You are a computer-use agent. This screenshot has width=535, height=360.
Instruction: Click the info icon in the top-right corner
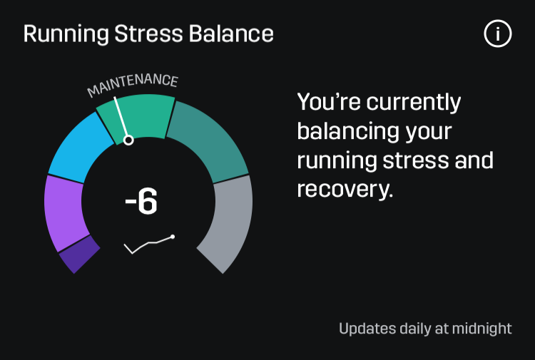pos(498,34)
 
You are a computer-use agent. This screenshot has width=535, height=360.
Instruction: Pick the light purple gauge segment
pos(63,211)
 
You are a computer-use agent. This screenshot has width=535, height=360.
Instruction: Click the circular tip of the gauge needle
pos(128,140)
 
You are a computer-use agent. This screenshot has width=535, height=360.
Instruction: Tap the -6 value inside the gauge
pos(141,202)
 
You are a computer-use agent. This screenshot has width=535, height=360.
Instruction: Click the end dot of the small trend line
pos(173,237)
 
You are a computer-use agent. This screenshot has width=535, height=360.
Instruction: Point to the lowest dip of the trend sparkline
pos(133,253)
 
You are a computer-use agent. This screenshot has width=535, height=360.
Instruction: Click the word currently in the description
pos(414,103)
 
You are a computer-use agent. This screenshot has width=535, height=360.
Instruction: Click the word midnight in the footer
pos(479,329)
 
